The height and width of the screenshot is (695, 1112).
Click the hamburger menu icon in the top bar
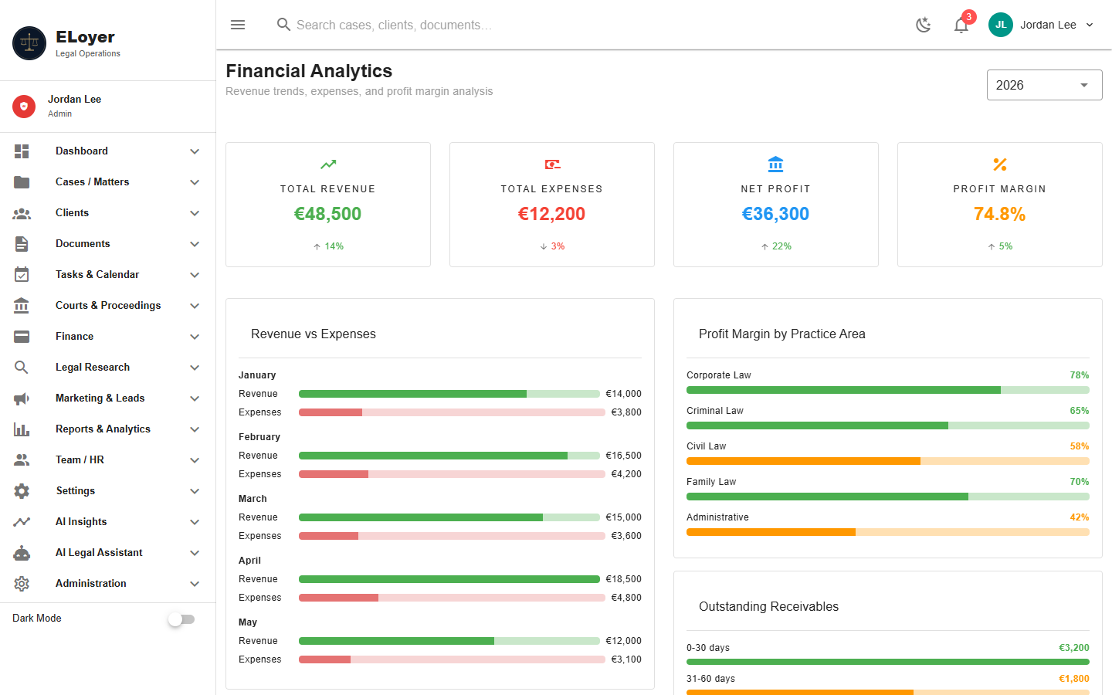(238, 25)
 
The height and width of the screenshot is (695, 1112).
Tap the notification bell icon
(961, 25)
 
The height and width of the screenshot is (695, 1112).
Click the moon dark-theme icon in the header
(923, 25)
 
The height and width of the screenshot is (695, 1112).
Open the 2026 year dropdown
(1044, 85)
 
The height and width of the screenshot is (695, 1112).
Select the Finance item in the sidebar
(74, 336)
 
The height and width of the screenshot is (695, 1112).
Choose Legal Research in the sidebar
(93, 367)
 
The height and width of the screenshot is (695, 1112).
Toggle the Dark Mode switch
(181, 619)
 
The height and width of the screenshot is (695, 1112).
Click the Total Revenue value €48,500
(327, 214)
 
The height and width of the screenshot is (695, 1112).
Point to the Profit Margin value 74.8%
(999, 214)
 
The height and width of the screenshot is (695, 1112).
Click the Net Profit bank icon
(775, 164)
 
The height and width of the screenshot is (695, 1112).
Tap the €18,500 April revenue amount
(623, 579)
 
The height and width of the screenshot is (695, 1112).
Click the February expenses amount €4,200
(626, 474)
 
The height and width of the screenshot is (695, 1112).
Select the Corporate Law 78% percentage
(1080, 375)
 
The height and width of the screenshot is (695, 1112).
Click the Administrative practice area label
(717, 517)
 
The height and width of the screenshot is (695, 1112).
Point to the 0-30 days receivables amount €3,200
(1073, 648)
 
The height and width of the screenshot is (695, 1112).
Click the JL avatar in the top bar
(1000, 25)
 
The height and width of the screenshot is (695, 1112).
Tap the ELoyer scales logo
(29, 43)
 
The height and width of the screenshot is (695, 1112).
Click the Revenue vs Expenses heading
(314, 334)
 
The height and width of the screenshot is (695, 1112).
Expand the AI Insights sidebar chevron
(195, 522)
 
